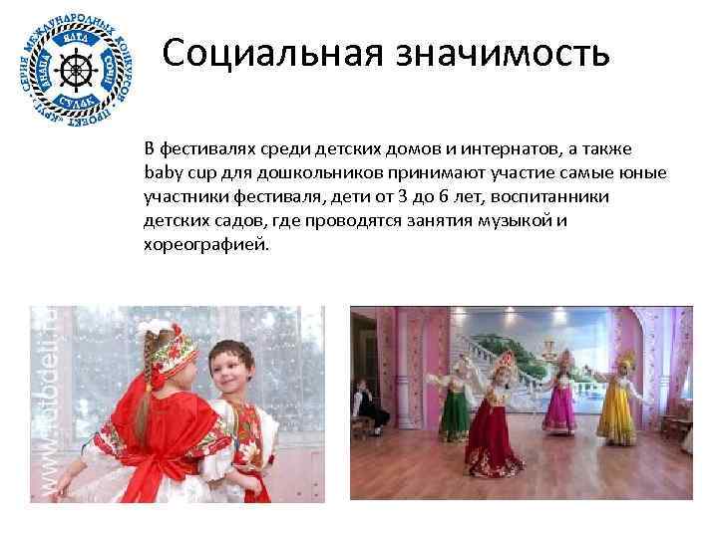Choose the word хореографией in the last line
click(x=206, y=243)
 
